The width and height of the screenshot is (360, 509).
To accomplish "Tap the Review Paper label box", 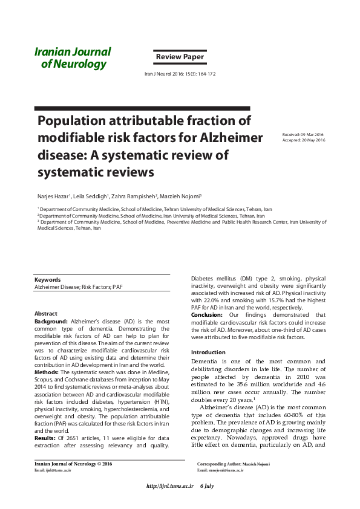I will (180, 57).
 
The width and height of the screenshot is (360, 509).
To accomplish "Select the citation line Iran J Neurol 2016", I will (180, 74).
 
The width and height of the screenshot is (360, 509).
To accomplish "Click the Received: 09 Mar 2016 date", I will (304, 134).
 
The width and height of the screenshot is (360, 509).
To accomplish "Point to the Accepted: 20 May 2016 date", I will (304, 140).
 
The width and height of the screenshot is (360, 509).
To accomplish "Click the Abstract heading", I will (45, 314).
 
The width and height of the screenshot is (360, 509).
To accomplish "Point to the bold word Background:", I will (51, 322).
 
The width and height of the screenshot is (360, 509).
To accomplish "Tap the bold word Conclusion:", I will (207, 315).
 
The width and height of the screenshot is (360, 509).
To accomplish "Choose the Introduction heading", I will (208, 352).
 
